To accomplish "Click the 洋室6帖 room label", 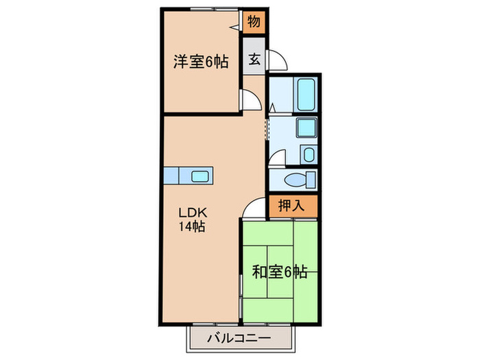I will coord(200,62).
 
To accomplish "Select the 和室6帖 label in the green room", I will coord(279,272).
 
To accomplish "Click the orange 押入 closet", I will coord(293,205).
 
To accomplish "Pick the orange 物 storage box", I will coord(254,22).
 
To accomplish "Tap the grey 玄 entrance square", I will coord(254,60).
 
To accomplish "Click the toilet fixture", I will coord(300,180).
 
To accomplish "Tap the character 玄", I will coord(254,60).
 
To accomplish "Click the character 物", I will coord(254,22).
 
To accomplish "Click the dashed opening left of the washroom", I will coord(267,127).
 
